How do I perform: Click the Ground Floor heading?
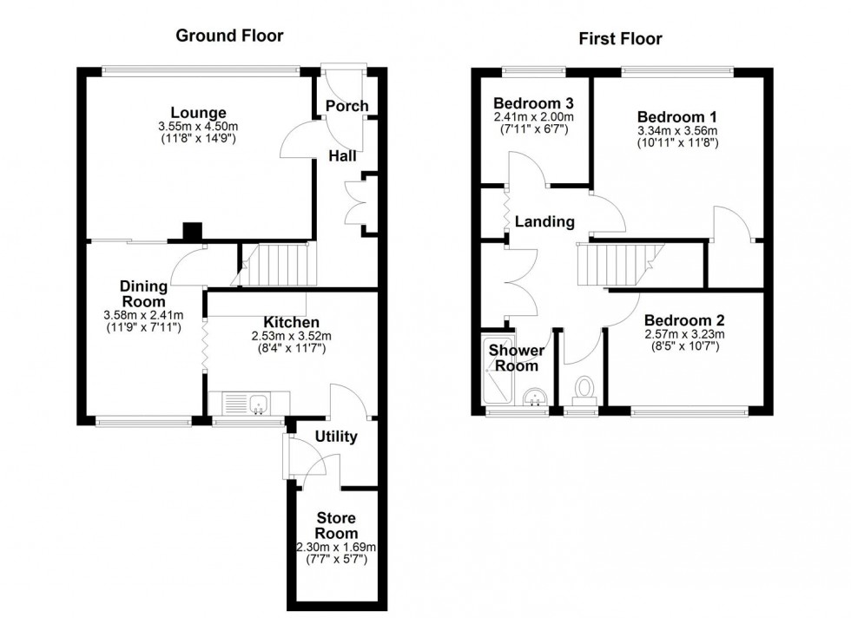tap(229, 36)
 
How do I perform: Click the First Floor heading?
tap(620, 38)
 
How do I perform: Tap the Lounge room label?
tap(198, 113)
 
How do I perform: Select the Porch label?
tap(346, 106)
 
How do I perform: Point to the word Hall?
tap(340, 155)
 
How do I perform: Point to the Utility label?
tap(335, 436)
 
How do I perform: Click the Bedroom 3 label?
tap(533, 102)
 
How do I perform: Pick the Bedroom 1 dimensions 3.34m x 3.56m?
tap(677, 131)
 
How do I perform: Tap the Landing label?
tap(544, 221)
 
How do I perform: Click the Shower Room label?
tap(516, 358)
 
